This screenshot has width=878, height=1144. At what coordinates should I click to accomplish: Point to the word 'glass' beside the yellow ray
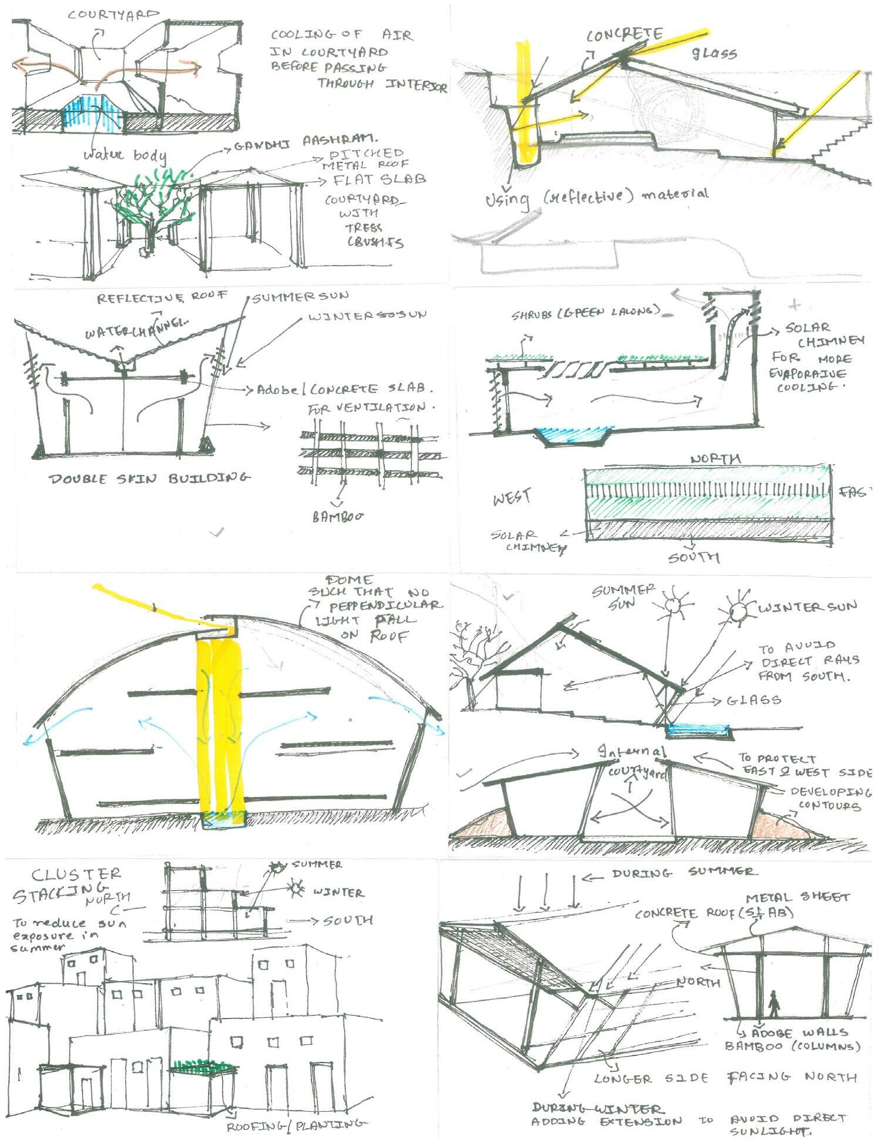click(x=714, y=53)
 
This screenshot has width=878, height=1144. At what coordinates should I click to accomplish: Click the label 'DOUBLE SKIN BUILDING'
click(x=149, y=478)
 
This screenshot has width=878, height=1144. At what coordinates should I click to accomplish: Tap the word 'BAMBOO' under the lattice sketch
click(x=337, y=517)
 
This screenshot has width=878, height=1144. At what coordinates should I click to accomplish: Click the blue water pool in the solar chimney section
click(x=574, y=435)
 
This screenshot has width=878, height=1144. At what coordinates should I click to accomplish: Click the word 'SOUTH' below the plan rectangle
click(x=694, y=557)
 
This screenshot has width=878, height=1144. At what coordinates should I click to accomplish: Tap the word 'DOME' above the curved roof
click(x=348, y=581)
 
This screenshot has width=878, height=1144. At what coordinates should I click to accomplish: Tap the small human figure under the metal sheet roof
click(x=774, y=1004)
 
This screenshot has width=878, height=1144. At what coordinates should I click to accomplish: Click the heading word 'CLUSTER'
click(x=76, y=875)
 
